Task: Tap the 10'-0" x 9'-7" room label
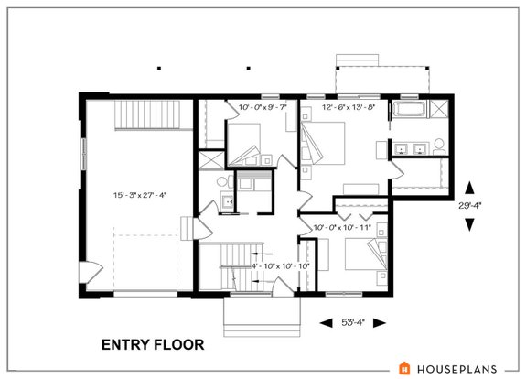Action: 263,108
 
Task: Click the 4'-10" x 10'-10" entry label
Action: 281,265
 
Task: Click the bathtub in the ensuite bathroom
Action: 408,112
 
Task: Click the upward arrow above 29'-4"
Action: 470,185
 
